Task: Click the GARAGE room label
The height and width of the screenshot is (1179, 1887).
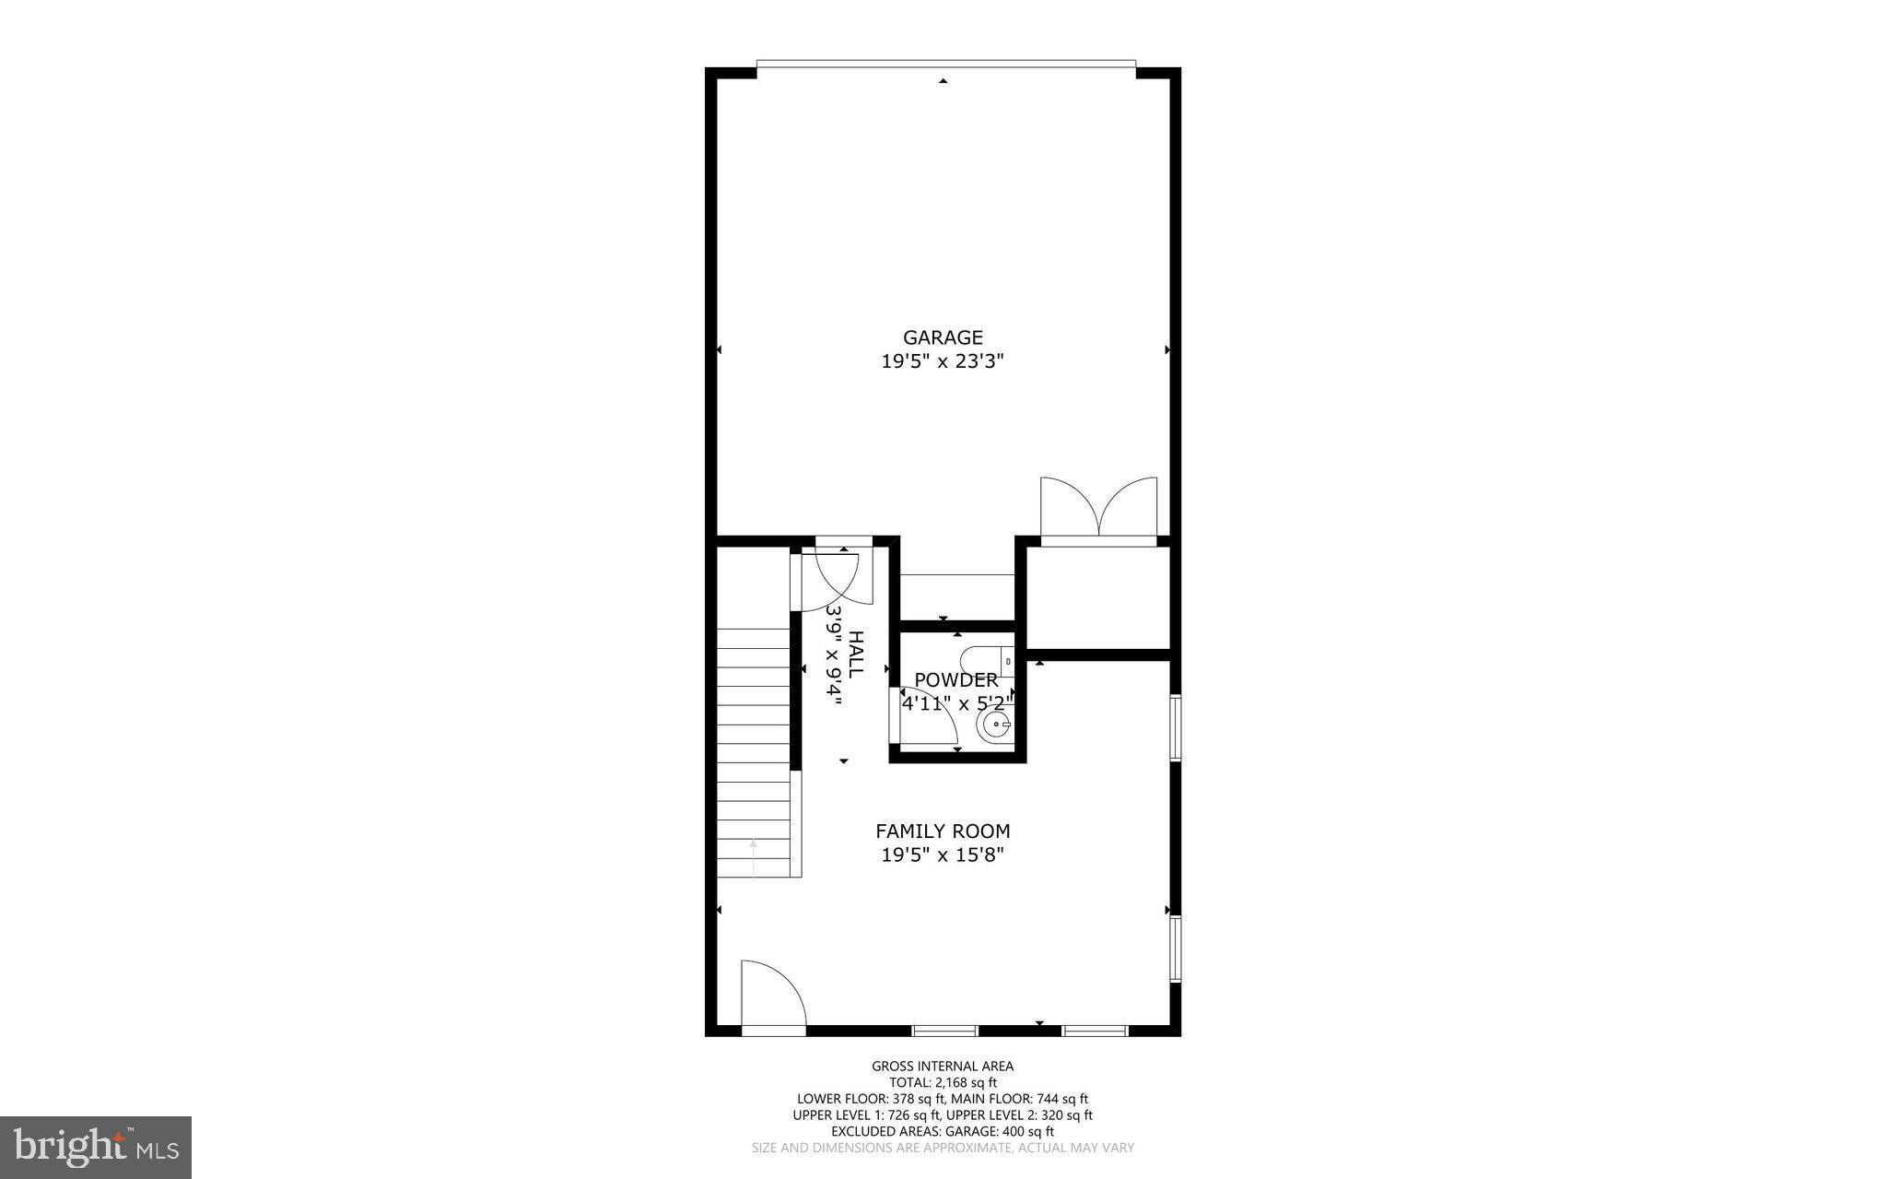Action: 943,337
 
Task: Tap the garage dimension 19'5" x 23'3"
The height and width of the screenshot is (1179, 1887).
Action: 943,361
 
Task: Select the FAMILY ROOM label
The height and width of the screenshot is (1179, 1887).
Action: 943,831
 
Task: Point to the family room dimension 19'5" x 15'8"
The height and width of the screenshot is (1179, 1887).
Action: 943,855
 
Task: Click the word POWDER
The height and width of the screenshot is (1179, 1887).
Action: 955,679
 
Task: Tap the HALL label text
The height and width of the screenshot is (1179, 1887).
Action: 855,654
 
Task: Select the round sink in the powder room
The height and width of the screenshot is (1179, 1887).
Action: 996,726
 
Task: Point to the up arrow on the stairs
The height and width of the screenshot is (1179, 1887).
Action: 754,857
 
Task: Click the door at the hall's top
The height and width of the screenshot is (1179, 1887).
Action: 834,581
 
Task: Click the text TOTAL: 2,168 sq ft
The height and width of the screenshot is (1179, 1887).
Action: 943,1082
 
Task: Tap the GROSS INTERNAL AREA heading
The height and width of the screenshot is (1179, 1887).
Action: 943,1067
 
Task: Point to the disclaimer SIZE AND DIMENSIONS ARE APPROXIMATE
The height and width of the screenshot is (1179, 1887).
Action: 943,1148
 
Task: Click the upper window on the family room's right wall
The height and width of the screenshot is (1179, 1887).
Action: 1176,727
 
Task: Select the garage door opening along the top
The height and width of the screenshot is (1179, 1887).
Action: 945,64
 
